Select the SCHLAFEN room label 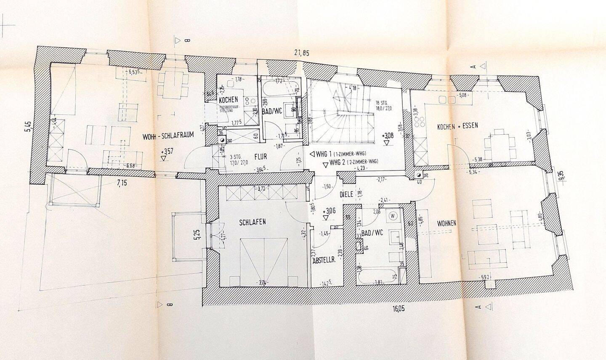coord(252,223)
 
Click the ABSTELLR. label coord(324,261)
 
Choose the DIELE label coord(346,195)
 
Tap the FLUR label coord(260,157)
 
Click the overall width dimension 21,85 coord(301,53)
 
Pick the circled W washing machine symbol coord(393,216)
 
